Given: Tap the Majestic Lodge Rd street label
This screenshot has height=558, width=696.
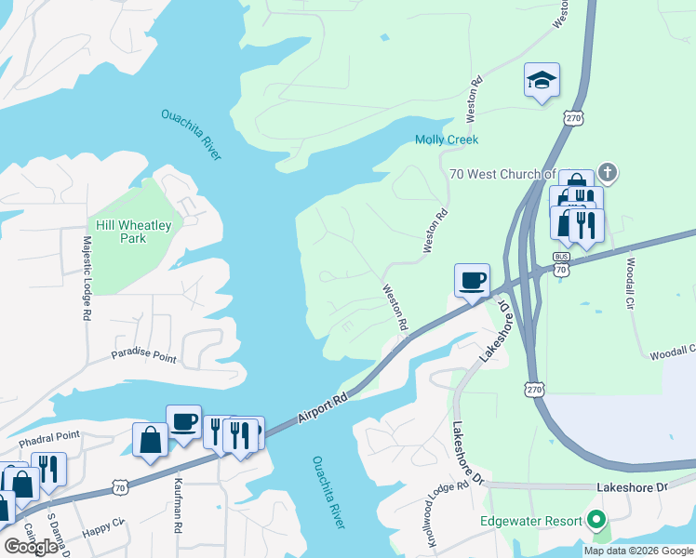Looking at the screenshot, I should pos(86,277).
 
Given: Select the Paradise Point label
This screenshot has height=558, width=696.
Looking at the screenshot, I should pos(143,357).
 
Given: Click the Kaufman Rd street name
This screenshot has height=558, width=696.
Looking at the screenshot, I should pos(178,506).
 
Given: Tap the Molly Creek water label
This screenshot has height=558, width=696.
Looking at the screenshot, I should pos(446,139).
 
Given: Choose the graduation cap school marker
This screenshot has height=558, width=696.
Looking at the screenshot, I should pos(541,80).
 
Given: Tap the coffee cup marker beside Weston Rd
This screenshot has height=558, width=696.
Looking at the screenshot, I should pos(472,281).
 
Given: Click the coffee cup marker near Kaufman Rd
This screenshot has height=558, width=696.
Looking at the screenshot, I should pos(183,422).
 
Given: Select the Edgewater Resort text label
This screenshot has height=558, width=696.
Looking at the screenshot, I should pos(530,521).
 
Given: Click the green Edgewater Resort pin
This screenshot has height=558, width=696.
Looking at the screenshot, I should pos(596,521).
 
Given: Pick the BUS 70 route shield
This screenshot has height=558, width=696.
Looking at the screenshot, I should pos(560,263).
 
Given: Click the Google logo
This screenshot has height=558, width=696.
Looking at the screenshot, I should pos(31,547).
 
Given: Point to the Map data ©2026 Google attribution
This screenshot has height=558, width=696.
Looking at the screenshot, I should pos(638,551).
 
